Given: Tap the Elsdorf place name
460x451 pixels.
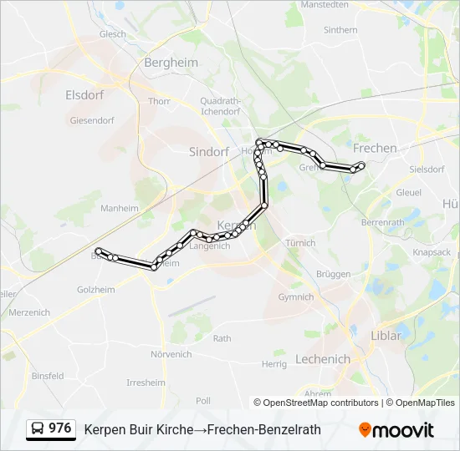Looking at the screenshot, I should [84, 95].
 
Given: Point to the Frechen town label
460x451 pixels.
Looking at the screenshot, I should [376, 148].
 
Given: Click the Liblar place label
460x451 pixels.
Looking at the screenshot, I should [386, 336].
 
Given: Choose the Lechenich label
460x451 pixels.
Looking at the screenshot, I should [323, 359].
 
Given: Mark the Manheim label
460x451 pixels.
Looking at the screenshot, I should [119, 208].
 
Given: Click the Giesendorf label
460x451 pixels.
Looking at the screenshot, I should [92, 120].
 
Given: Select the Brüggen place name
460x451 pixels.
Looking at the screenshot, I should [334, 274].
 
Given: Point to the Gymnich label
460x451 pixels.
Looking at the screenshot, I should [296, 296].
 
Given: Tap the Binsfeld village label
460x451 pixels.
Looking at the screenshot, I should [48, 376].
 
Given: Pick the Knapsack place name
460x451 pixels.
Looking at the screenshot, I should [432, 252].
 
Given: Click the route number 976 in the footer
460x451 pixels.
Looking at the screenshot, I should [60, 428].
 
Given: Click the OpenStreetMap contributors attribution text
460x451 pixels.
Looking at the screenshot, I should [320, 403].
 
